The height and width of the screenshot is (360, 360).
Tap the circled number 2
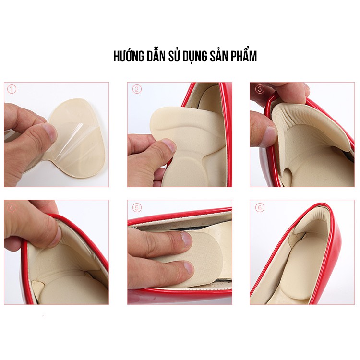(137, 89)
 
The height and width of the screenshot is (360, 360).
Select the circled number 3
(260, 89)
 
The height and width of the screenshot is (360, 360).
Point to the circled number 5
(137, 208)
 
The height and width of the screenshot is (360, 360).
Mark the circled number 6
(260, 208)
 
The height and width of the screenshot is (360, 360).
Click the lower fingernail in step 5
(189, 268)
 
